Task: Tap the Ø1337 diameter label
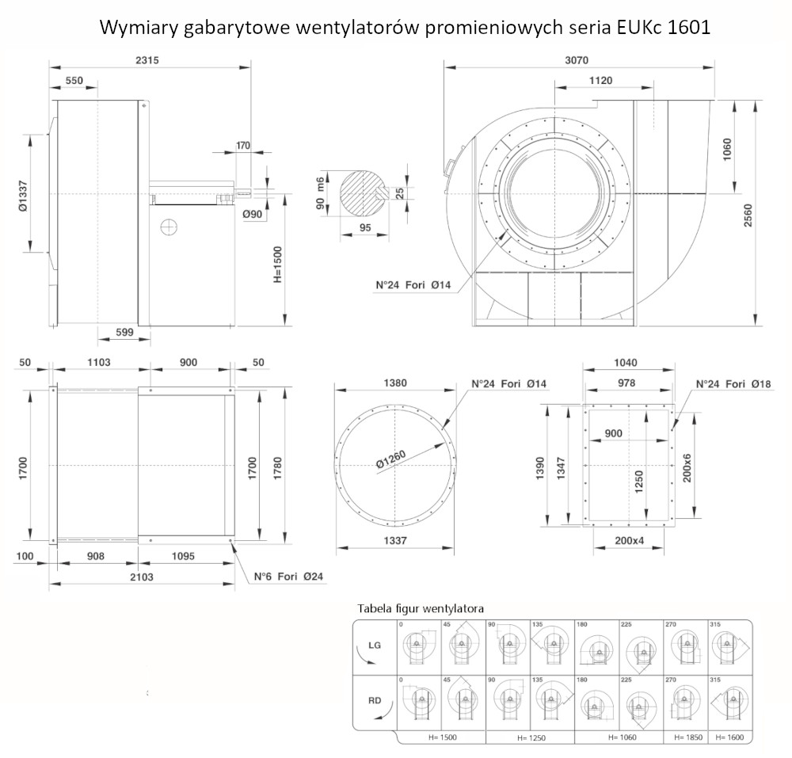(22, 195)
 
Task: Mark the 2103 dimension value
(142, 577)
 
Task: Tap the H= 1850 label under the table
(686, 737)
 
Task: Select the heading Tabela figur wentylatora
(421, 608)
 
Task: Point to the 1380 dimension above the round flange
(395, 383)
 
